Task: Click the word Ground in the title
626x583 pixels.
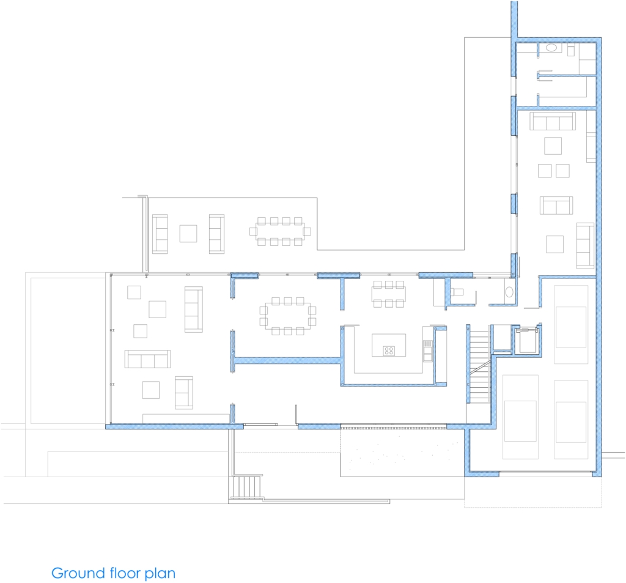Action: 78,573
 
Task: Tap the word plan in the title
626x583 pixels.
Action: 160,574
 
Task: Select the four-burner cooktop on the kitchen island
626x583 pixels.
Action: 389,351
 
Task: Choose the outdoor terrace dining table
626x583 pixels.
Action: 280,231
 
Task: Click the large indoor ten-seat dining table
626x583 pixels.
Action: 288,316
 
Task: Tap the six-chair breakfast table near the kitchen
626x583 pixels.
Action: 389,294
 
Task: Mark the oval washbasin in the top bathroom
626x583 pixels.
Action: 551,48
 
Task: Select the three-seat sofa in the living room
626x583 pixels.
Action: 147,359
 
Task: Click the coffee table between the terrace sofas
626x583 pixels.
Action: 188,234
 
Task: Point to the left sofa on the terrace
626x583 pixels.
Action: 160,234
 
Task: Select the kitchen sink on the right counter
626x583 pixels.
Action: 427,351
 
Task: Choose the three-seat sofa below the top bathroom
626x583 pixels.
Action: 553,121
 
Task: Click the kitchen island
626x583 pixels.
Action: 389,345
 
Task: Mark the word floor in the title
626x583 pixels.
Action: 125,573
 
